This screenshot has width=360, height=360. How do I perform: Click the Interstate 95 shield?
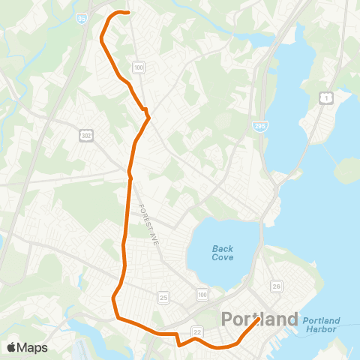[x=80, y=16]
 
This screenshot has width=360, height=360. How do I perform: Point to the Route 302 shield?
[x=86, y=133]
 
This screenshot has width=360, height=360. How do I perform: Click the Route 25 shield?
[x=164, y=298]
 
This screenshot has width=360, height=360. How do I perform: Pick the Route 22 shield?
[x=197, y=310]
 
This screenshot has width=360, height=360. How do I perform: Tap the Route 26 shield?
[x=277, y=286]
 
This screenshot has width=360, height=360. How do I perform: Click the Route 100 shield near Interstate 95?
[x=138, y=67]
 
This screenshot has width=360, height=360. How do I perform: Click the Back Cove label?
[x=222, y=253]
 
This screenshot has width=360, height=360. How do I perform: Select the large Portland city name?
[x=259, y=319]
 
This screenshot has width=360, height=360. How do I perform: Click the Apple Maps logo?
[x=27, y=347]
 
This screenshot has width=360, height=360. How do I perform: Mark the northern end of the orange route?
[x=129, y=13]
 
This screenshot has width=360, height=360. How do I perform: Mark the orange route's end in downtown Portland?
[x=259, y=319]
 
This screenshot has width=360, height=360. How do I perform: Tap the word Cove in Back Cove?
[x=222, y=257]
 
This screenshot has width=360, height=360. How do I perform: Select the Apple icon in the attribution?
[x=11, y=346]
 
